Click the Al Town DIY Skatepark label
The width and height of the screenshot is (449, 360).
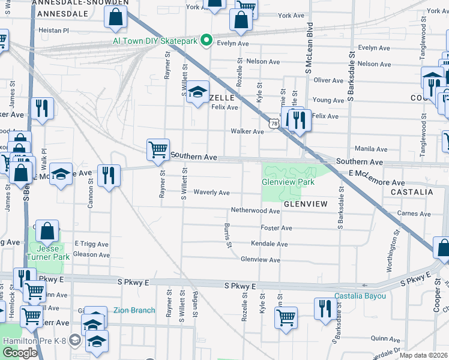155,41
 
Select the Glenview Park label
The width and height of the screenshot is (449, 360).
288,182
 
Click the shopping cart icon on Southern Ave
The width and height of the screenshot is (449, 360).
158,149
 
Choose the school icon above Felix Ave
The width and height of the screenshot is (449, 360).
197,92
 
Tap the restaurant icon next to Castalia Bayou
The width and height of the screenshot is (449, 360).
325,309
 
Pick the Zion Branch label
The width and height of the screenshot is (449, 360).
134,310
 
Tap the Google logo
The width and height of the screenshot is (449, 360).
20,353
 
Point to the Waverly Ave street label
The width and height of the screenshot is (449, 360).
211,193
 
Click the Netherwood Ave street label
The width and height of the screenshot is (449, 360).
256,211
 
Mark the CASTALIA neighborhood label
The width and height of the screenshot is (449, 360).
411,192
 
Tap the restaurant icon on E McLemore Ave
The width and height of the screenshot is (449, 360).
108,175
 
